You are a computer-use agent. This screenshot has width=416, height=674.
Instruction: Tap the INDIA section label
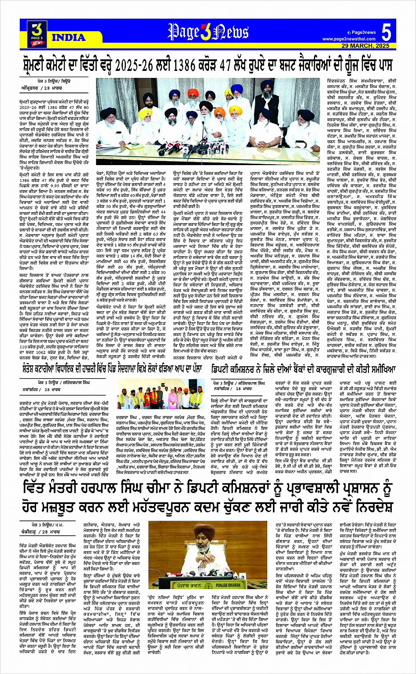[68, 38]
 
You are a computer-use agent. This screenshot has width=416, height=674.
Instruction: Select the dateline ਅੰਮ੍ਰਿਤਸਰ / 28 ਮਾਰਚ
[38, 88]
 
